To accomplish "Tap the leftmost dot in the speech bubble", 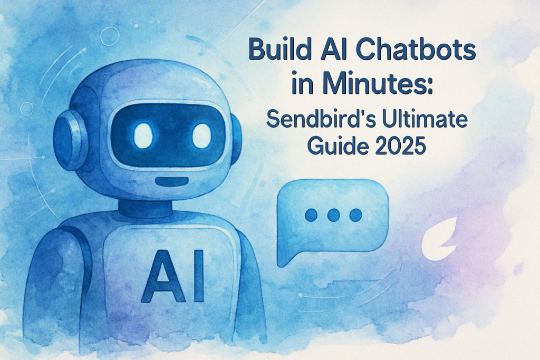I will coord(311,215).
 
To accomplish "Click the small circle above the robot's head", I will coord(109,36).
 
